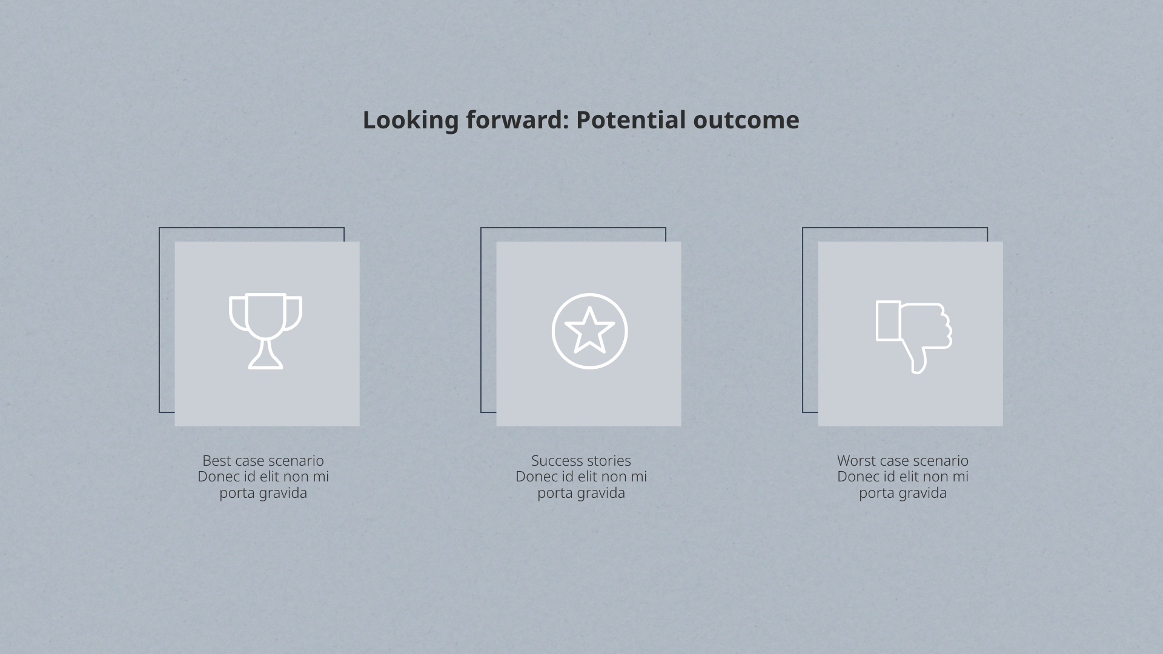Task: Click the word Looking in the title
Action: coord(411,120)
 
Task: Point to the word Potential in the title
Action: coord(631,120)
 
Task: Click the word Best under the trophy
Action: coord(216,461)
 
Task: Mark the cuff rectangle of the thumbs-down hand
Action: coord(888,321)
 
